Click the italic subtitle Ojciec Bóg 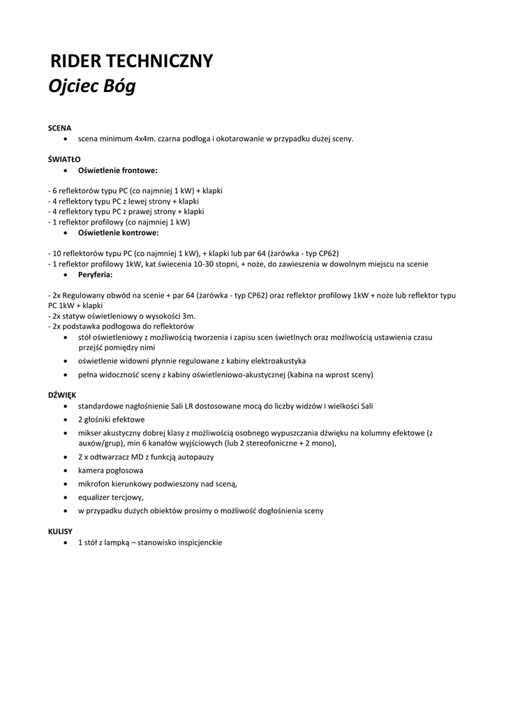pyautogui.click(x=91, y=88)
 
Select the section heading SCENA pyautogui.click(x=59, y=128)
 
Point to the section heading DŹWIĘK pyautogui.click(x=62, y=395)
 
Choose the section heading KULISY pyautogui.click(x=60, y=531)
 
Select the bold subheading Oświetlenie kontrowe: pyautogui.click(x=118, y=233)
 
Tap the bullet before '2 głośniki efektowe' pyautogui.click(x=66, y=420)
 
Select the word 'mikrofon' pyautogui.click(x=94, y=484)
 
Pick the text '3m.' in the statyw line pyautogui.click(x=189, y=316)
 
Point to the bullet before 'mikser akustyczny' pyautogui.click(x=66, y=433)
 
